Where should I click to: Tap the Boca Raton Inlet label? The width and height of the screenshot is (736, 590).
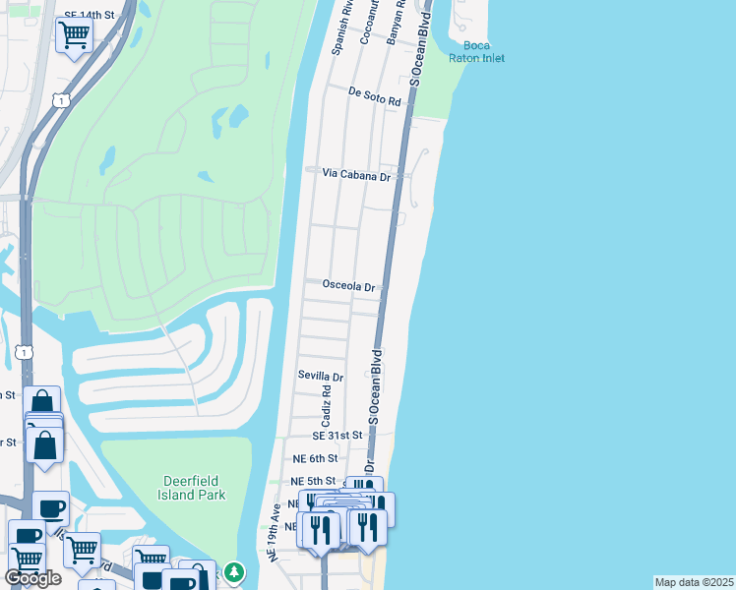pos(476,52)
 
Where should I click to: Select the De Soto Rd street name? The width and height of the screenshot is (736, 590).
pos(375,96)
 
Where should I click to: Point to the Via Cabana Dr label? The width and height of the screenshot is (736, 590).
pos(356,174)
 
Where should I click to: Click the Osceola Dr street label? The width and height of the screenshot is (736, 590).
pos(348,286)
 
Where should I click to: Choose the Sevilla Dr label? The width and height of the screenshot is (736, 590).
pos(321,377)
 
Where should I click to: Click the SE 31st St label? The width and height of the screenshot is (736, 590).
pos(337,435)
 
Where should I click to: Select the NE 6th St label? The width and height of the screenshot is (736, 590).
pos(315,458)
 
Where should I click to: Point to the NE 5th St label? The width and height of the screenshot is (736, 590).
pos(314,481)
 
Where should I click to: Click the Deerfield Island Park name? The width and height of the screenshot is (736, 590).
pos(194,487)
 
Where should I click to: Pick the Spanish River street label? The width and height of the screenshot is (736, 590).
pos(342,28)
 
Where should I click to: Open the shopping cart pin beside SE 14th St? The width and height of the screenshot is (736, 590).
pos(75,36)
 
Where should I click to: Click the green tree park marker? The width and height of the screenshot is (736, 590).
pos(233,570)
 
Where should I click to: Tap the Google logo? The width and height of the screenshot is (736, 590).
pos(32,578)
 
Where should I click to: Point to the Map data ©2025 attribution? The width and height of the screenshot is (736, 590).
pos(694,582)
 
